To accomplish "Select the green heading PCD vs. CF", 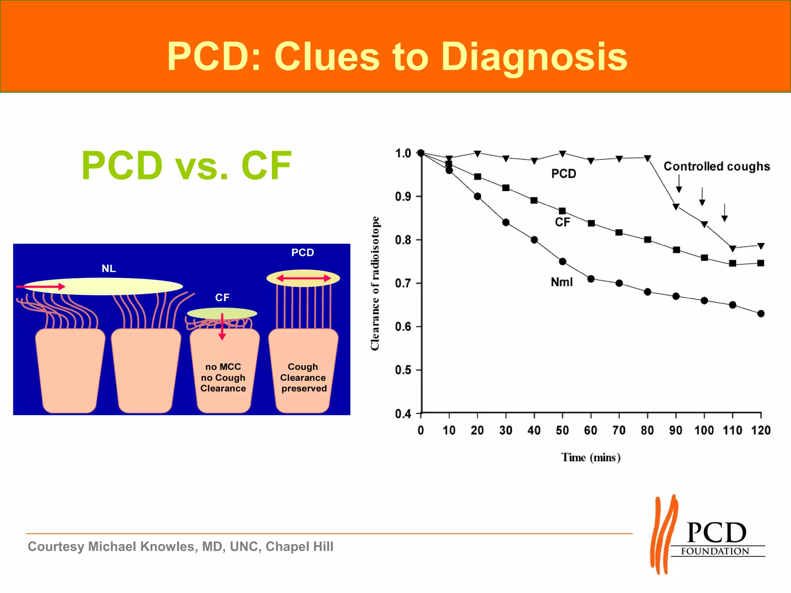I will point(187,166).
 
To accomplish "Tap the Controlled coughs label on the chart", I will point(716,166).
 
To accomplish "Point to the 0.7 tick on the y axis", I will point(402,283).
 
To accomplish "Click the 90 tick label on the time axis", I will point(676,430).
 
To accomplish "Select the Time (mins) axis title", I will point(591,457).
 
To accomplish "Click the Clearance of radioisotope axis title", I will point(375,283).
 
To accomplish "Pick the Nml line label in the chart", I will point(562,282).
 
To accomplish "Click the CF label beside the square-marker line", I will point(562,222).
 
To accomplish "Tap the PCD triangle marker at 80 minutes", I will point(648,158).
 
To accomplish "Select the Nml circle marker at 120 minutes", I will point(761,313).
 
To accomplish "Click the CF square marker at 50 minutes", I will point(562,211).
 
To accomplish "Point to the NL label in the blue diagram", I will point(109,269).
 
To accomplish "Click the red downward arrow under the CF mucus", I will point(222,327).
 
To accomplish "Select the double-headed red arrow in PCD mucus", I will point(304,278).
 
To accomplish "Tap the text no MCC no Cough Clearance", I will point(223,378).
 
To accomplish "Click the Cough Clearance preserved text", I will point(304,378).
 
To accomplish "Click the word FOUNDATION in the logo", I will point(715,551).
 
